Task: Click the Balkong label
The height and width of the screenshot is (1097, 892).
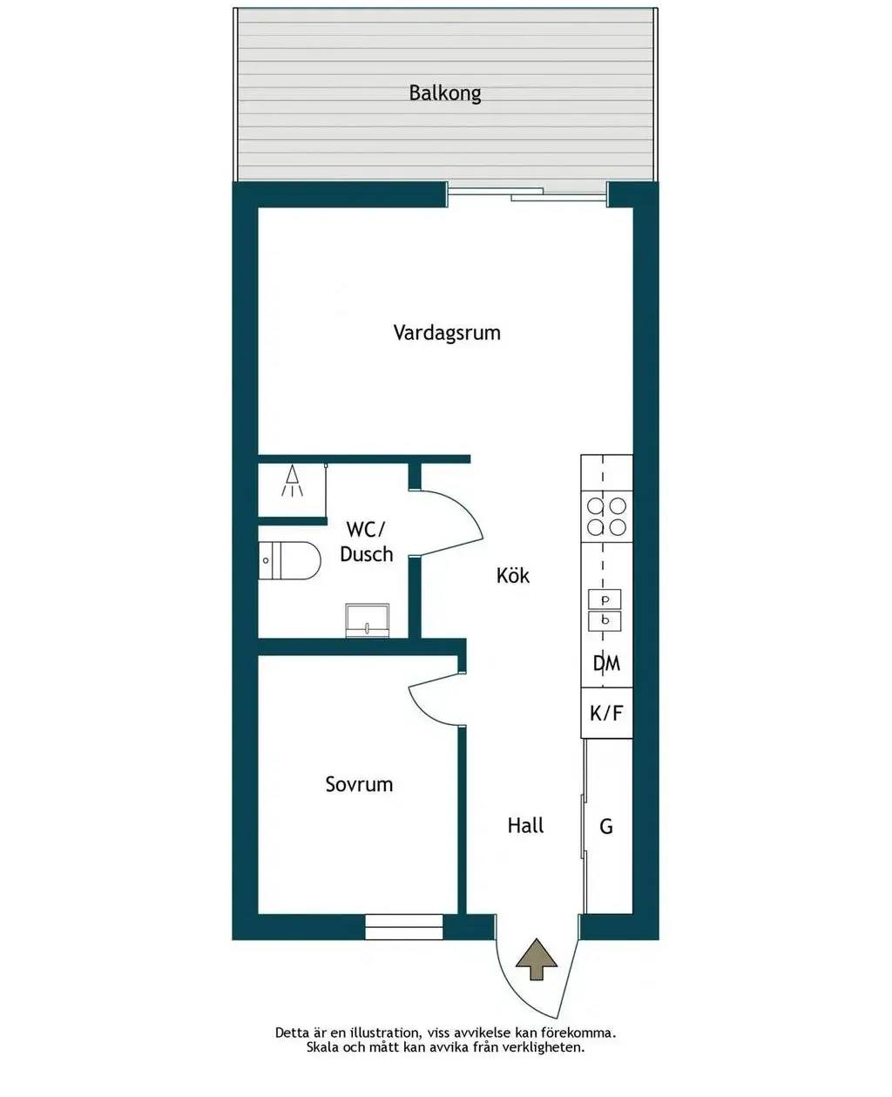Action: pos(445,93)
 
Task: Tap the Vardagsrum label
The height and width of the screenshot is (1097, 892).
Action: pos(447,333)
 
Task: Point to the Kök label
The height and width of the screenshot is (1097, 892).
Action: pos(513,575)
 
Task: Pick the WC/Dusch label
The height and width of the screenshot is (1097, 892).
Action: pos(366,541)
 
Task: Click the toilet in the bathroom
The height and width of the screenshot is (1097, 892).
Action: pos(289,560)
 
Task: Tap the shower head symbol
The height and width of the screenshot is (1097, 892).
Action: pos(292,480)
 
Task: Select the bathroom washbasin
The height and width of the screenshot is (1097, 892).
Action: pos(367,620)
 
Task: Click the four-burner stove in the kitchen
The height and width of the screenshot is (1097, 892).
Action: pos(606,517)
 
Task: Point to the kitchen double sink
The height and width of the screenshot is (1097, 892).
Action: pos(605,610)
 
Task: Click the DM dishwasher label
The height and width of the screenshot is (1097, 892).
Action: pos(606,663)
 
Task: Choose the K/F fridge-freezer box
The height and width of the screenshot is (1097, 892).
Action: pos(606,713)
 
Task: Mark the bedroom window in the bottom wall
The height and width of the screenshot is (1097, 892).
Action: pos(404,927)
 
